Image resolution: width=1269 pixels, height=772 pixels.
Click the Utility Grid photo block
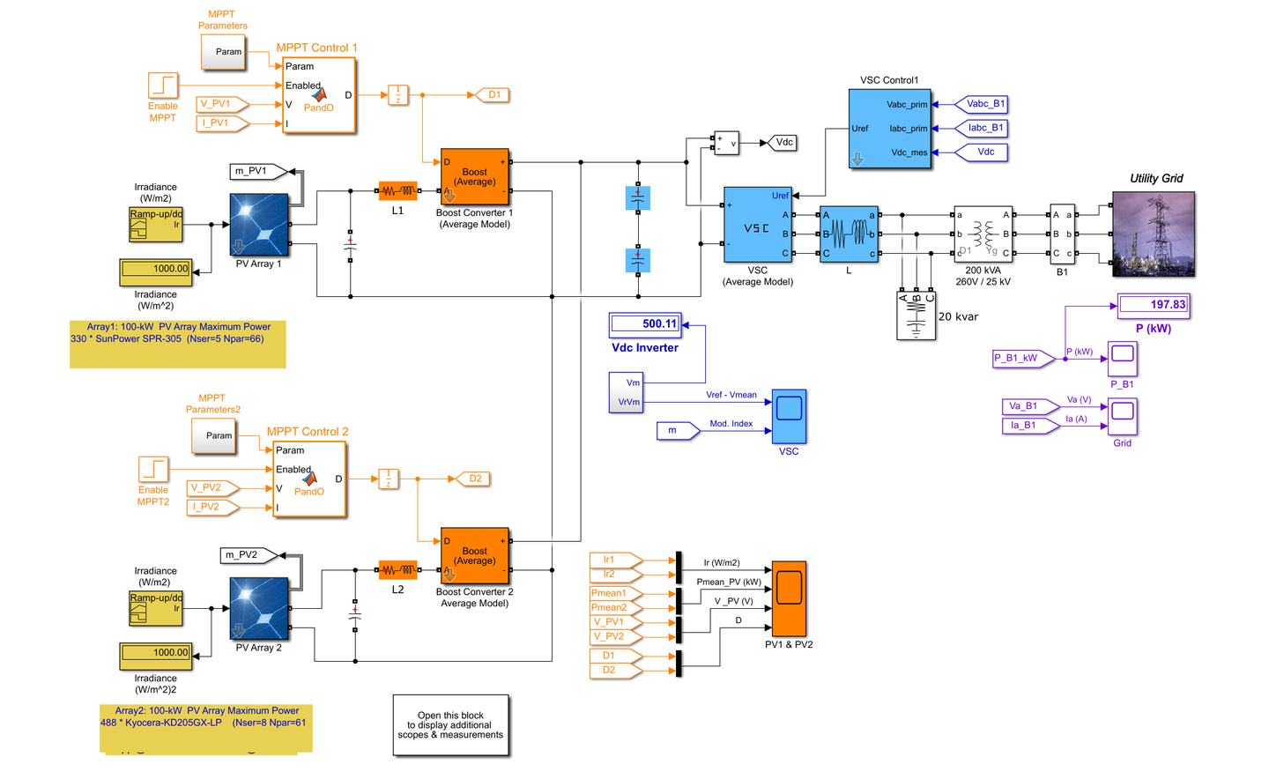click(1154, 234)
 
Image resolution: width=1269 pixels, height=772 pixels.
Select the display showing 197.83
click(1154, 305)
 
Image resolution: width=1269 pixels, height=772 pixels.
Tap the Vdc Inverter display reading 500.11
click(645, 324)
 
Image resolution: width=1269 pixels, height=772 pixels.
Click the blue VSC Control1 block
click(889, 128)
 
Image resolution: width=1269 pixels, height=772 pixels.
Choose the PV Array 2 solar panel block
click(259, 608)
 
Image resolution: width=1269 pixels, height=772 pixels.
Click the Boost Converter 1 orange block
click(474, 176)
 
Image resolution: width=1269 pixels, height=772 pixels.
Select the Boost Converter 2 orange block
click(474, 556)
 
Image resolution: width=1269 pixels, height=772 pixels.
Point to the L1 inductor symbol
click(397, 190)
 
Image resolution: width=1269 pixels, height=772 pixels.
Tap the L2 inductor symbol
click(397, 570)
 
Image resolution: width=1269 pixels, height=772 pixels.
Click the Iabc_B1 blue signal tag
click(983, 128)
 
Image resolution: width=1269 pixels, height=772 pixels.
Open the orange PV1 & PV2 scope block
click(789, 598)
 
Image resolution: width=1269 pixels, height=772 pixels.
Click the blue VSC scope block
click(789, 416)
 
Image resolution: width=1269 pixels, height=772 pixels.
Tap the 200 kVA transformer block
click(983, 234)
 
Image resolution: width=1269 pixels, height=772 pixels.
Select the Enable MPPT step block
click(163, 85)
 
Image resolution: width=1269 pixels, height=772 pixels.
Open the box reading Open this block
click(450, 725)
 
